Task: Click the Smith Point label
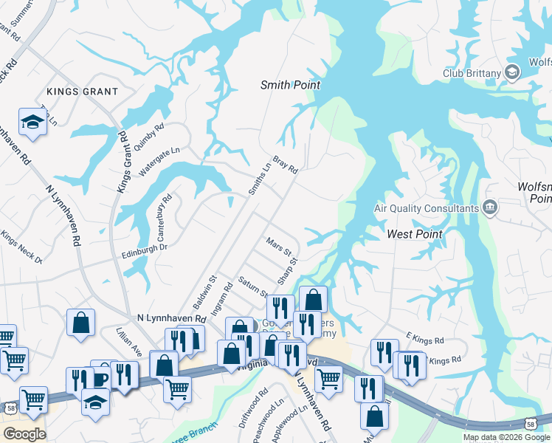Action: pos(291,85)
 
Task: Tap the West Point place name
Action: pos(415,234)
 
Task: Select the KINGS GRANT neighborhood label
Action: pos(82,92)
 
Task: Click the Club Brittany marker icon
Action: pos(513,72)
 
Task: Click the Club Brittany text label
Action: pos(472,72)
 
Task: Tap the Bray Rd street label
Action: pos(285,165)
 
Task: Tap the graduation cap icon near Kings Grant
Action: pos(32,121)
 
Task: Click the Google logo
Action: pos(24,434)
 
